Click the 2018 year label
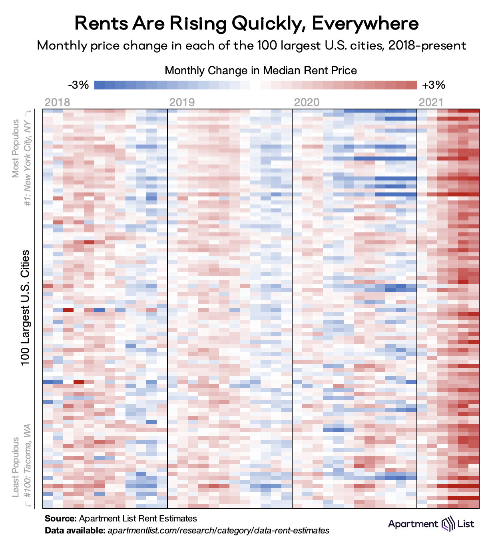pos(57,102)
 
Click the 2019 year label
pos(182,102)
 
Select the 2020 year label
pos(307,102)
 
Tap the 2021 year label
pos(431,102)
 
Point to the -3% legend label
pos(78,85)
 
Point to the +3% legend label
pos(434,85)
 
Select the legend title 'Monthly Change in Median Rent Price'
pos(261,71)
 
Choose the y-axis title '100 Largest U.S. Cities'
pos(25,307)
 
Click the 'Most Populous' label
pos(16,148)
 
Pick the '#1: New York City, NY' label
pos(28,158)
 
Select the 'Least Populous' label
pos(16,467)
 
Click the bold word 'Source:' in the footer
pos(60,519)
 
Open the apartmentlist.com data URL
pos(218,531)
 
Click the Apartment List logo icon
pos(448,524)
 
